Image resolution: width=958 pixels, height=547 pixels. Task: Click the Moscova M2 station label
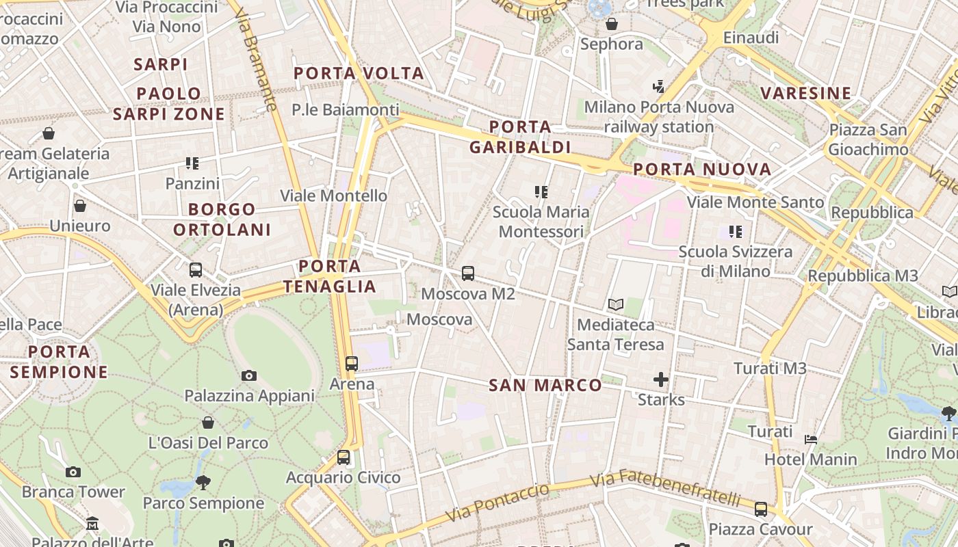[468, 294]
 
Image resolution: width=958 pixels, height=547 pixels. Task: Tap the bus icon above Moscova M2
[468, 273]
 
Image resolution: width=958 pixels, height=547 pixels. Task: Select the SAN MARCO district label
[545, 386]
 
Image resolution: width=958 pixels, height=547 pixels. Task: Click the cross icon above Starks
[661, 379]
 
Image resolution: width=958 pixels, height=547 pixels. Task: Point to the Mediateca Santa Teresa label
[616, 334]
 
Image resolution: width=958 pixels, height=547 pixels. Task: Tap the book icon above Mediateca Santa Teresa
[616, 305]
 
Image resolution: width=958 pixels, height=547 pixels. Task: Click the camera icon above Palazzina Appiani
[249, 375]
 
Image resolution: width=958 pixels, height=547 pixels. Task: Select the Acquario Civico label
[343, 477]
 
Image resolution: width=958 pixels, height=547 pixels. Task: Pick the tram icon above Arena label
[352, 364]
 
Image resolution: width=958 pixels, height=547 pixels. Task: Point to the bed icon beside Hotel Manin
[811, 440]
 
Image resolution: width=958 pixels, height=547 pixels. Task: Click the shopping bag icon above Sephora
[612, 25]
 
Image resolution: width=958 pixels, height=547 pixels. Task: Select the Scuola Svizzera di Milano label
[736, 261]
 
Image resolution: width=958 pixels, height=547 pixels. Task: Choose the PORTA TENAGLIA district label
[330, 276]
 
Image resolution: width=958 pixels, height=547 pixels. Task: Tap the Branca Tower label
[73, 492]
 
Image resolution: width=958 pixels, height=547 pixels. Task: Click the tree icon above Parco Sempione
[203, 483]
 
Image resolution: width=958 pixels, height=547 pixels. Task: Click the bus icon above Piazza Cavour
[761, 509]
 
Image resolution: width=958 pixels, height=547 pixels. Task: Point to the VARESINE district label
[806, 94]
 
